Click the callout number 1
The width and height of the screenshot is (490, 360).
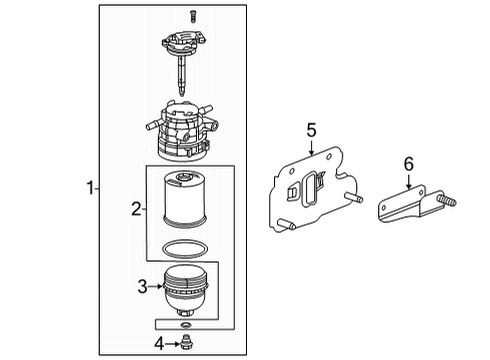point(91,187)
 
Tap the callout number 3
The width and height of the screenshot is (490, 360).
point(143,287)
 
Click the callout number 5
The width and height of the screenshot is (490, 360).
point(311,129)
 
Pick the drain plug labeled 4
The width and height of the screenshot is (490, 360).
point(187,346)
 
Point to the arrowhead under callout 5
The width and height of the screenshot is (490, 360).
point(311,153)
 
